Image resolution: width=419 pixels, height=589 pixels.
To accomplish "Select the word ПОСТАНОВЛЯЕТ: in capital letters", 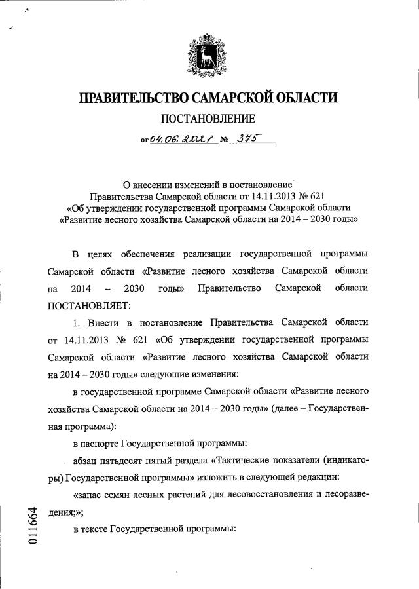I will [x=90, y=305].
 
